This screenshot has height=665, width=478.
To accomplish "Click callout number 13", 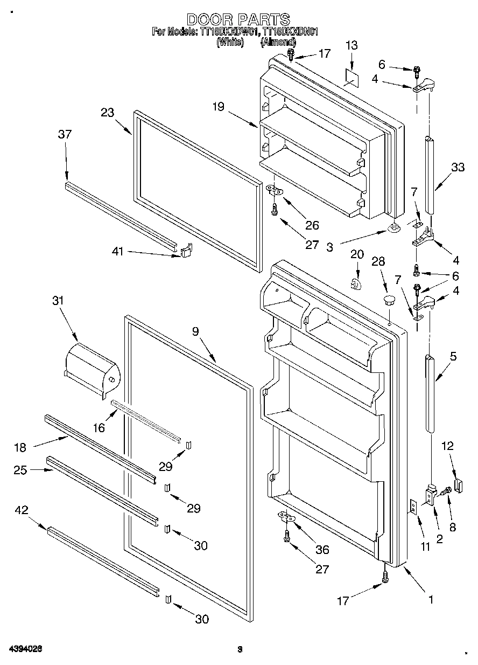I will point(351,46).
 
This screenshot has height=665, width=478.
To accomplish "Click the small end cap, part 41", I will point(186,250).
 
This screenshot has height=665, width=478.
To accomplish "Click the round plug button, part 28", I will point(389,299).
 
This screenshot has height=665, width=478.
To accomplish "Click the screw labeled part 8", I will point(446,491).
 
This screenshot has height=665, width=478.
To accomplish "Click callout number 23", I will point(108,113).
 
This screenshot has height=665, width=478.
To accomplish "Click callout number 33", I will point(457,168).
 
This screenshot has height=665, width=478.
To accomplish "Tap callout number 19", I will point(217,107).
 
